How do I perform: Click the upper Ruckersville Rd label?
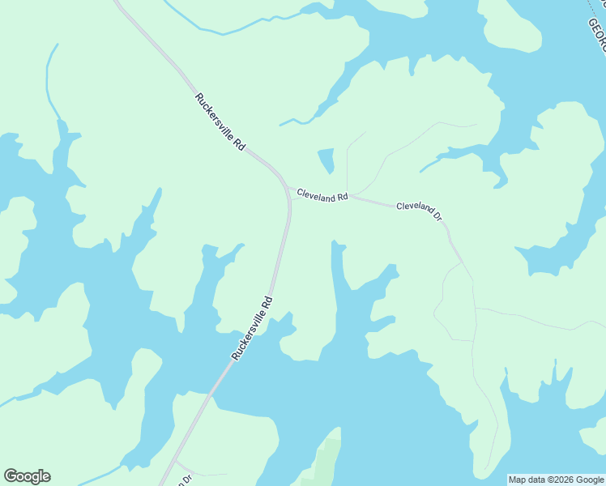220,122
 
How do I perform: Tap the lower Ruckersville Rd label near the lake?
252,328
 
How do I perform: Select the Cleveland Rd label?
322,195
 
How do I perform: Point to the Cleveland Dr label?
419,211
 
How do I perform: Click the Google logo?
27,476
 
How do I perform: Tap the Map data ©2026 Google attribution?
556,480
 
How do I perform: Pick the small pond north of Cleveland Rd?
326,160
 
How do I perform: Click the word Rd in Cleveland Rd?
343,197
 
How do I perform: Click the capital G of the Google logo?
10,476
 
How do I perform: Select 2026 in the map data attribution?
553,480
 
